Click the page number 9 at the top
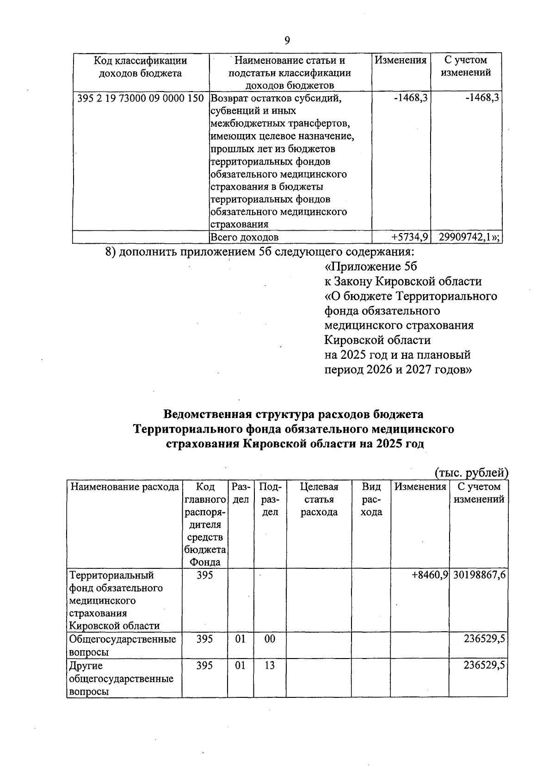point(287,41)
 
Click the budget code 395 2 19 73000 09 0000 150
point(140,99)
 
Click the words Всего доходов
point(245,238)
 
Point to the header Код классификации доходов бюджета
point(140,67)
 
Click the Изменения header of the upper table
point(400,60)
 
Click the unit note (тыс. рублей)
point(471,472)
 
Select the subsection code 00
point(269,639)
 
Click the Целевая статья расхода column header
point(319,499)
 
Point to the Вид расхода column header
point(371,499)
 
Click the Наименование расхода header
point(124,487)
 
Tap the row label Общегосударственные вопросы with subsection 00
point(122,645)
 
